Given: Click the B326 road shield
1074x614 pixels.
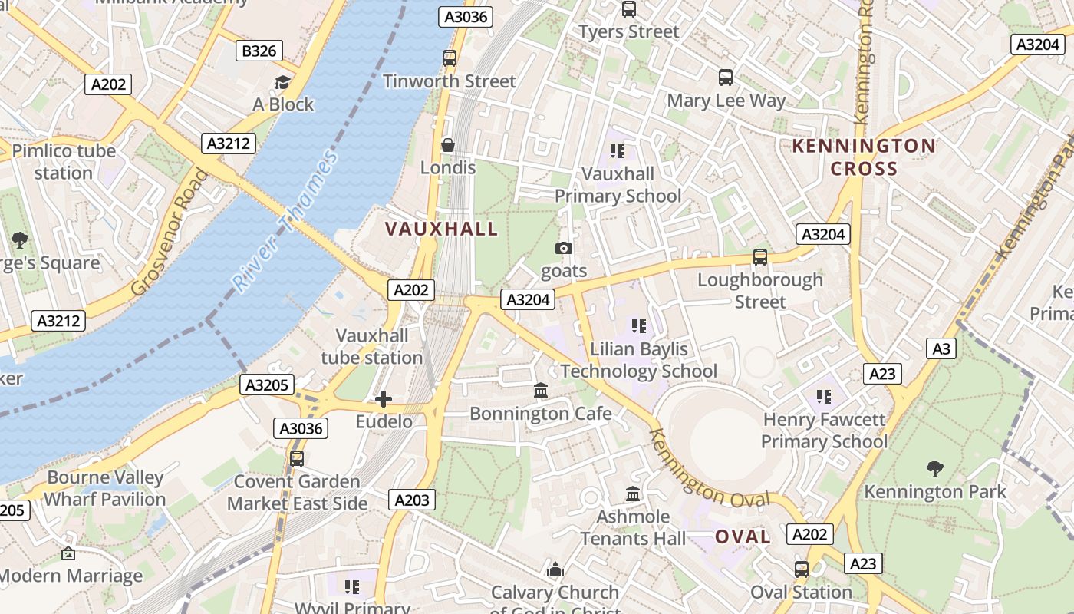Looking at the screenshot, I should [x=259, y=51].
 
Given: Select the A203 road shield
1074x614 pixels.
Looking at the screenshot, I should [x=412, y=500].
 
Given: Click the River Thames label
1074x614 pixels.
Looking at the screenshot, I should [x=285, y=222].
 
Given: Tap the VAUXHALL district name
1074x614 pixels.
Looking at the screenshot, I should [x=441, y=229].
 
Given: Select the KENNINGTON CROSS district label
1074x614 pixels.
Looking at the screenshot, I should [x=864, y=157].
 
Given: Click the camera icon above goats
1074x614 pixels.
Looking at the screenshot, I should [x=563, y=248].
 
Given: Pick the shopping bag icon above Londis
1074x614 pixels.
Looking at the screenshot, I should [x=448, y=145].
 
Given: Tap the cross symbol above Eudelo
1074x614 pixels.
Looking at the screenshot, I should [x=384, y=399].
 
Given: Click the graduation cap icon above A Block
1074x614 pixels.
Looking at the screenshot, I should [x=283, y=82].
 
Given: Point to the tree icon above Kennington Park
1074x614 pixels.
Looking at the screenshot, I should [x=934, y=468].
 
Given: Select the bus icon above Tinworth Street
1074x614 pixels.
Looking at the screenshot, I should [x=450, y=58].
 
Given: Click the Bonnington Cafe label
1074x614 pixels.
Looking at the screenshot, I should [x=541, y=414].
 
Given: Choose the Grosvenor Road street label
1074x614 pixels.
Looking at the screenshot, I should [x=170, y=232].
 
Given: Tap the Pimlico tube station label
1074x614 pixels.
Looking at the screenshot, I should [x=64, y=162].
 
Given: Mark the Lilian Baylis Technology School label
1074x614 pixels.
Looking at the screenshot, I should [x=638, y=360].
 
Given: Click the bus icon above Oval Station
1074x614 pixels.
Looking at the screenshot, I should [x=802, y=569].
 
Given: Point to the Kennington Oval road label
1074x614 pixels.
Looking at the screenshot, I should [x=708, y=469].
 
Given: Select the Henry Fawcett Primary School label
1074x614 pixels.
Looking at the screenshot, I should [x=825, y=431].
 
